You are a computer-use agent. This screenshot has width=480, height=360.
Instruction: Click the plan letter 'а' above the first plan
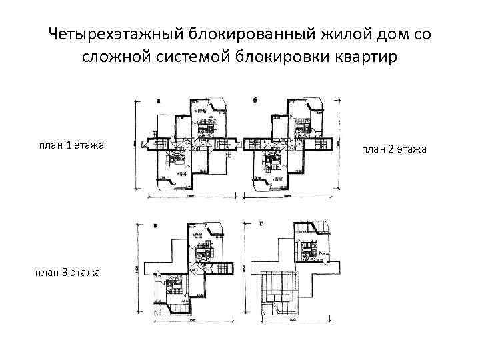coord(158,101)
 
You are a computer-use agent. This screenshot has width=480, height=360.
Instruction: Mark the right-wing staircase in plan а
coord(220,143)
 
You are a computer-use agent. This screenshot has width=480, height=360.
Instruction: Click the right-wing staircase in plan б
coord(321,143)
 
